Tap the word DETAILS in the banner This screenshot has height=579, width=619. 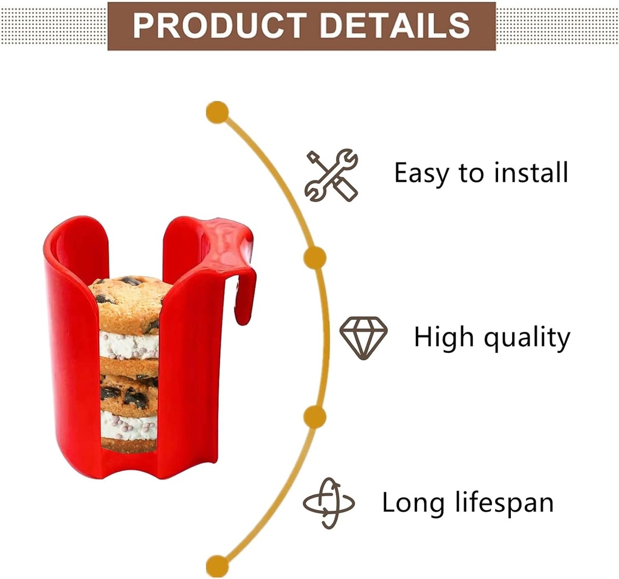[x=395, y=25]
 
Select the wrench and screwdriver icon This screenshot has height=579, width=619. [x=331, y=175]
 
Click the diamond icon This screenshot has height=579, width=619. [x=363, y=337]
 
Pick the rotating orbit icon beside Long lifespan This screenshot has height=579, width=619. [x=328, y=503]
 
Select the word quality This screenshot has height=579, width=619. [x=530, y=338]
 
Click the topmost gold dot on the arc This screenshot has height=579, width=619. [x=218, y=112]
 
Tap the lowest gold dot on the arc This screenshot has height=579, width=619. [x=218, y=566]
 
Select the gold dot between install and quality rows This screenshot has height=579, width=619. [x=314, y=258]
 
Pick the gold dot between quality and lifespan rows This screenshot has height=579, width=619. [x=314, y=417]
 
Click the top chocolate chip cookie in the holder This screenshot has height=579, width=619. [x=129, y=302]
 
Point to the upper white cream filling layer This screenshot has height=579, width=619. [x=128, y=346]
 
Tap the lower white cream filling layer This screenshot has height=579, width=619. [x=128, y=426]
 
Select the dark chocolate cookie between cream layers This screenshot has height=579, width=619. [x=128, y=394]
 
